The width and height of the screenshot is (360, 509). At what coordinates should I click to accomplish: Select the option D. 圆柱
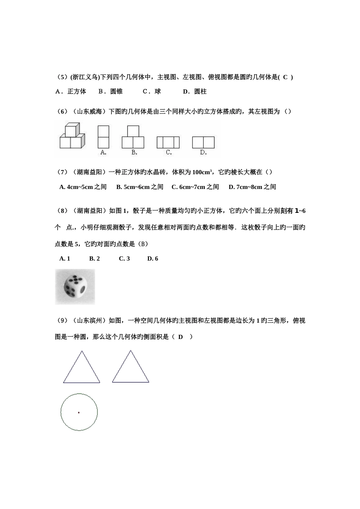pyautogui.click(x=194, y=91)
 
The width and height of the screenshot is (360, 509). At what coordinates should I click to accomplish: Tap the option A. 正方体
pyautogui.click(x=71, y=91)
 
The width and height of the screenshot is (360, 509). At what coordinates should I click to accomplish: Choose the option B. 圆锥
pyautogui.click(x=110, y=91)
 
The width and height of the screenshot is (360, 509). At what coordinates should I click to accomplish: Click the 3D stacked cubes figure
pyautogui.click(x=72, y=136)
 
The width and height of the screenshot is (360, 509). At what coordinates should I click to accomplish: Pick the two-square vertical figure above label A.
pyautogui.click(x=103, y=137)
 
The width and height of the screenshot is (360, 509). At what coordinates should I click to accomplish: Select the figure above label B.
pyautogui.click(x=133, y=137)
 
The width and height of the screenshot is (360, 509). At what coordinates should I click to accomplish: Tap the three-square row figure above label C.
pyautogui.click(x=168, y=142)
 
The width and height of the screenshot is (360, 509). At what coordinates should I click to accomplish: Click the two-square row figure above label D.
pyautogui.click(x=203, y=142)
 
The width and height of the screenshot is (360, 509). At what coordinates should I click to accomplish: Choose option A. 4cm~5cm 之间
pyautogui.click(x=83, y=187)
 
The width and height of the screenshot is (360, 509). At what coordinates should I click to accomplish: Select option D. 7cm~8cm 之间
pyautogui.click(x=252, y=187)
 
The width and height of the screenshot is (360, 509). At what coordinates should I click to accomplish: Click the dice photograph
pyautogui.click(x=75, y=287)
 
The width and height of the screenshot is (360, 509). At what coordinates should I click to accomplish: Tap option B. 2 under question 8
pyautogui.click(x=94, y=259)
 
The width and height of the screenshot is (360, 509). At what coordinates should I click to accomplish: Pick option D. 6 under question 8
pyautogui.click(x=153, y=259)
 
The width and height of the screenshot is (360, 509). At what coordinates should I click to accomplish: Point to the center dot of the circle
pyautogui.click(x=79, y=412)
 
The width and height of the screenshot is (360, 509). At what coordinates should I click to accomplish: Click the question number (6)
pyautogui.click(x=62, y=111)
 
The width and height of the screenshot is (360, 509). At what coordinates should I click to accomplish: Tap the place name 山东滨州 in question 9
pyautogui.click(x=90, y=321)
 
